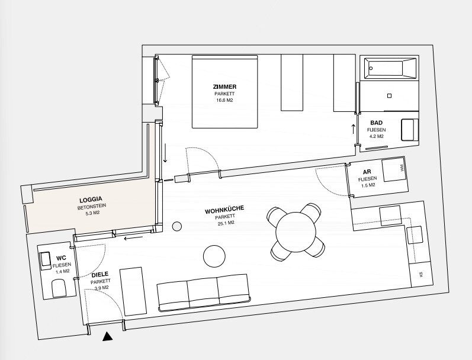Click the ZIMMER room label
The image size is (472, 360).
tap(224, 86)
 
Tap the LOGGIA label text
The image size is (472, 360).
tap(91, 200)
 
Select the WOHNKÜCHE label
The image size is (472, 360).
tap(224, 210)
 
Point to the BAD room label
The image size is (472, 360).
tap(376, 123)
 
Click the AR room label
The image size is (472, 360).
tap(367, 172)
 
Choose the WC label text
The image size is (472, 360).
tap(61, 258)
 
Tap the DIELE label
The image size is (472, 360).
tap(100, 275)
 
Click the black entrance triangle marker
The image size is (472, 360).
tap(107, 337)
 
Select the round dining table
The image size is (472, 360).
tap(296, 232)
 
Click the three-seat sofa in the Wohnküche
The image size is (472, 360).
tap(204, 292)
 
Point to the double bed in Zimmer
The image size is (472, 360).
tap(225, 92)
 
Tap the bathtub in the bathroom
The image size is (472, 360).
tap(390, 68)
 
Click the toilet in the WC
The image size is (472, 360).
tap(59, 288)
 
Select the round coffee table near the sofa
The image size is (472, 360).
tap(214, 256)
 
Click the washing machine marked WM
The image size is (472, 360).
tap(394, 169)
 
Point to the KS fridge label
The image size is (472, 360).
tap(421, 274)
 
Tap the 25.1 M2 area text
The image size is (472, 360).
tap(226, 223)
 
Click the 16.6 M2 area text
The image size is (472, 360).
tap(224, 100)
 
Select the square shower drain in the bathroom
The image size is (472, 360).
tap(389, 96)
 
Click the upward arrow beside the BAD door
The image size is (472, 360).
tap(354, 128)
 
